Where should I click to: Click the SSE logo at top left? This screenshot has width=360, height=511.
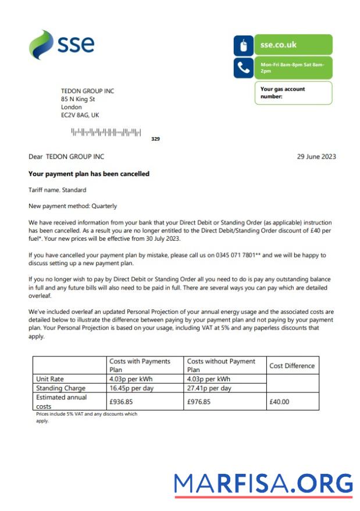coord(61,44)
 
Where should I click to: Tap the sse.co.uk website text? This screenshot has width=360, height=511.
coord(279,45)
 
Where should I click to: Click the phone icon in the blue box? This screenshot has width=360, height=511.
coord(243,68)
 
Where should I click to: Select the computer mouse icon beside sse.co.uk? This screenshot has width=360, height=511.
coord(243,45)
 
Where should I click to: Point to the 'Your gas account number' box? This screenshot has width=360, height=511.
coord(293,92)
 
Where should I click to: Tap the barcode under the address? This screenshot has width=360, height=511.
coord(106,133)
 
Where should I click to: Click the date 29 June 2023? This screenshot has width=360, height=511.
coord(316,157)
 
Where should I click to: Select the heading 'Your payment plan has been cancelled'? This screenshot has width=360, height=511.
coord(89,174)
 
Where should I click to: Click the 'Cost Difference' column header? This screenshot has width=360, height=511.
coord(292,366)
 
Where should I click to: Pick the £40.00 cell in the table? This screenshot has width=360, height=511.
coord(280,401)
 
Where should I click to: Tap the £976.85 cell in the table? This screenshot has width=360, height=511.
coord(199,401)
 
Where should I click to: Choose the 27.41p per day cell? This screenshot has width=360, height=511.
coord(209,388)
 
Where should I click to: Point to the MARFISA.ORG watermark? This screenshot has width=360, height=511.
coord(263,484)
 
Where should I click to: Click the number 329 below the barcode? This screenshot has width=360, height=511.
coord(155,139)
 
